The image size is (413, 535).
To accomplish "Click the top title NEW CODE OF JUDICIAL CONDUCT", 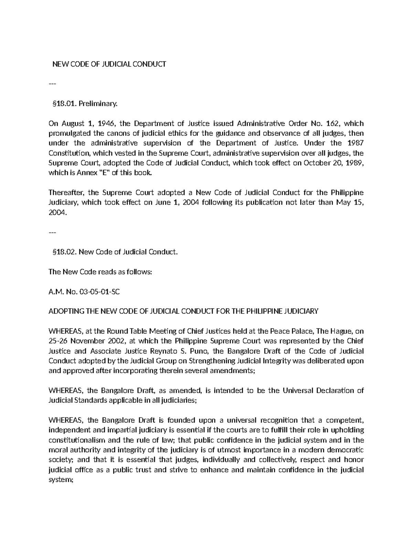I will click(x=109, y=64).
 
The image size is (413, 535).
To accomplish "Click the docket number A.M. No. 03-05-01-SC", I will click(x=84, y=291).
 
